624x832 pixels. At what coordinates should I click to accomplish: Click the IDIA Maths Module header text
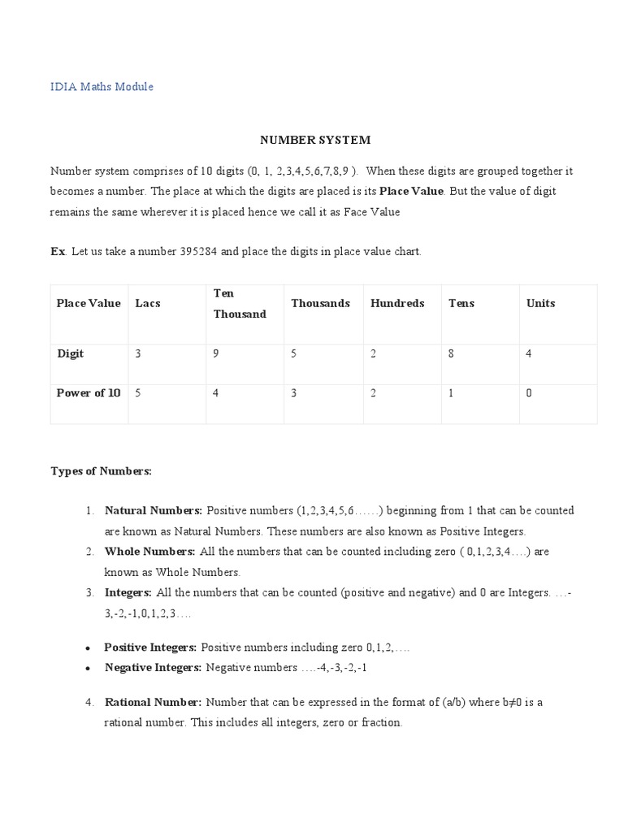click(x=102, y=86)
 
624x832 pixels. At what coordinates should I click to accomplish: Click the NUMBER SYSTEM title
click(x=315, y=140)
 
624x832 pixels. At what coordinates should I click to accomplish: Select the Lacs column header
click(x=148, y=303)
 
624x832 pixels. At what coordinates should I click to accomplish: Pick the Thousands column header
click(x=320, y=303)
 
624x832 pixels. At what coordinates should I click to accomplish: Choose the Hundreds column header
click(x=397, y=303)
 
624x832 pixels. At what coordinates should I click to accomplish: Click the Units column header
click(x=540, y=303)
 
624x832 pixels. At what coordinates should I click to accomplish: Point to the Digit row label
click(x=70, y=353)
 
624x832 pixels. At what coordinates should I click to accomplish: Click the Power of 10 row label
click(x=89, y=393)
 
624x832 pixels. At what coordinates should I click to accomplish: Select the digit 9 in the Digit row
click(x=216, y=353)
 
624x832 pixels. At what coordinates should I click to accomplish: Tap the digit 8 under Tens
click(x=452, y=353)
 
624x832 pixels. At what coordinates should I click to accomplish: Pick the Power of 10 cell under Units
click(x=530, y=393)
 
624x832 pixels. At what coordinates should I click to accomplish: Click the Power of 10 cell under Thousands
click(x=294, y=393)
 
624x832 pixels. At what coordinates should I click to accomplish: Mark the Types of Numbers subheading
click(x=102, y=470)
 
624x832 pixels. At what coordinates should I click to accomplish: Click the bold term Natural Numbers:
click(x=154, y=510)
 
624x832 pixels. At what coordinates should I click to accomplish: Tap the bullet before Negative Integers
click(x=88, y=668)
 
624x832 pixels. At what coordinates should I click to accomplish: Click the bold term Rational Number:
click(x=153, y=701)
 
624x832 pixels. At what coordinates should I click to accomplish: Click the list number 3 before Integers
click(x=89, y=592)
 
